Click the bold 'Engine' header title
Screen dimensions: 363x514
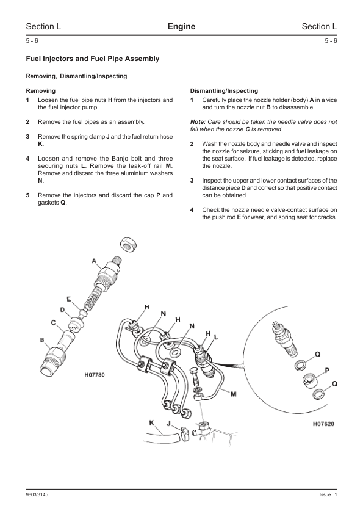pyautogui.click(x=181, y=26)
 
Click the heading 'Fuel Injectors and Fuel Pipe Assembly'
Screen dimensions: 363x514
pyautogui.click(x=93, y=59)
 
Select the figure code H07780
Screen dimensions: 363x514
pyautogui.click(x=95, y=375)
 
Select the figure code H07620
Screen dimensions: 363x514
pyautogui.click(x=323, y=424)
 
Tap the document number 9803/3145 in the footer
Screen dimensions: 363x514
pyautogui.click(x=37, y=494)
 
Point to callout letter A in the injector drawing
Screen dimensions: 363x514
pyautogui.click(x=94, y=261)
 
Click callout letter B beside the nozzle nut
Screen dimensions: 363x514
pyautogui.click(x=42, y=340)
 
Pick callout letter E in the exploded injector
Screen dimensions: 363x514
pyautogui.click(x=68, y=299)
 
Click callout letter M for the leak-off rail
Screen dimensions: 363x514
pyautogui.click(x=234, y=394)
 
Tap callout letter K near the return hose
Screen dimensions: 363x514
pyautogui.click(x=152, y=423)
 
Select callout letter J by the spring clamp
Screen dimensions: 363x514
pyautogui.click(x=168, y=424)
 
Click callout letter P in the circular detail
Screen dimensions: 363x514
pyautogui.click(x=327, y=371)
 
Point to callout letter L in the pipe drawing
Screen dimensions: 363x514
pyautogui.click(x=216, y=336)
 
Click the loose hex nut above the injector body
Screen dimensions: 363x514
pyautogui.click(x=128, y=245)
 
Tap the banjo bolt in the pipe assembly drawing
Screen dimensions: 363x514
pyautogui.click(x=194, y=377)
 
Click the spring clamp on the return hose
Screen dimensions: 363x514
pyautogui.click(x=184, y=433)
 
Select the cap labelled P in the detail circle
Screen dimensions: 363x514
pyautogui.click(x=309, y=380)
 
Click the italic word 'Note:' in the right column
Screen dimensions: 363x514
pyautogui.click(x=198, y=122)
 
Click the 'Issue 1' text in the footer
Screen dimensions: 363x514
pyautogui.click(x=328, y=494)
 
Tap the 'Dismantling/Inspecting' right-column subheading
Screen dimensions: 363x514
pyautogui.click(x=224, y=91)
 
